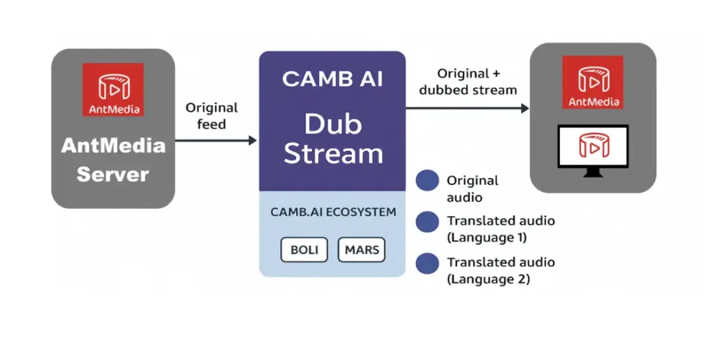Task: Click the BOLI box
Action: pyautogui.click(x=304, y=249)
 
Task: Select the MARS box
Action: pyautogui.click(x=361, y=249)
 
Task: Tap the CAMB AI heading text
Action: pyautogui.click(x=332, y=78)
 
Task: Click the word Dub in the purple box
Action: pyautogui.click(x=333, y=124)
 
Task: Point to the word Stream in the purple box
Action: pyautogui.click(x=333, y=153)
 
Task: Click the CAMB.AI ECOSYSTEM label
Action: pyautogui.click(x=333, y=212)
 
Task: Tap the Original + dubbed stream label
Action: pyautogui.click(x=467, y=81)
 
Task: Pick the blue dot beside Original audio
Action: pyautogui.click(x=428, y=180)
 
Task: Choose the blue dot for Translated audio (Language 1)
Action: pyautogui.click(x=428, y=222)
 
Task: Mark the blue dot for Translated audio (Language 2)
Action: pyautogui.click(x=428, y=263)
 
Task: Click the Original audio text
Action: pyautogui.click(x=472, y=189)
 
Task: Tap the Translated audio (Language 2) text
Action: pyautogui.click(x=501, y=271)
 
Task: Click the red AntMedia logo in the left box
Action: pyautogui.click(x=113, y=89)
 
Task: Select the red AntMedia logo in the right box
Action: pyautogui.click(x=592, y=82)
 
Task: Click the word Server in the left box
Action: pyautogui.click(x=113, y=174)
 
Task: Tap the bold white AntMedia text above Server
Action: pyautogui.click(x=113, y=146)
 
